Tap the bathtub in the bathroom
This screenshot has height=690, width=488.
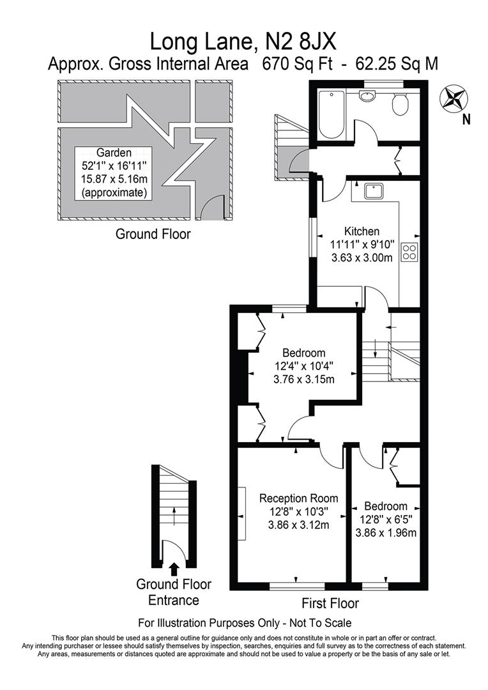331,114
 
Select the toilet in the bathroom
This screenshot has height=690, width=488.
400,105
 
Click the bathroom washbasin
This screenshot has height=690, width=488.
367,96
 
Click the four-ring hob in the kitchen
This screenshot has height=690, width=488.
409,252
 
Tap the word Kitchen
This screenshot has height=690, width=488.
362,231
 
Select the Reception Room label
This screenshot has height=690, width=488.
298,498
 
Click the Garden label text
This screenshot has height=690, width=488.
114,153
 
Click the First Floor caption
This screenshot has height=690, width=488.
330,603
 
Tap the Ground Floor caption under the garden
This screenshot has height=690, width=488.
153,234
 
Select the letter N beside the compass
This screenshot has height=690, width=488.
466,119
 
